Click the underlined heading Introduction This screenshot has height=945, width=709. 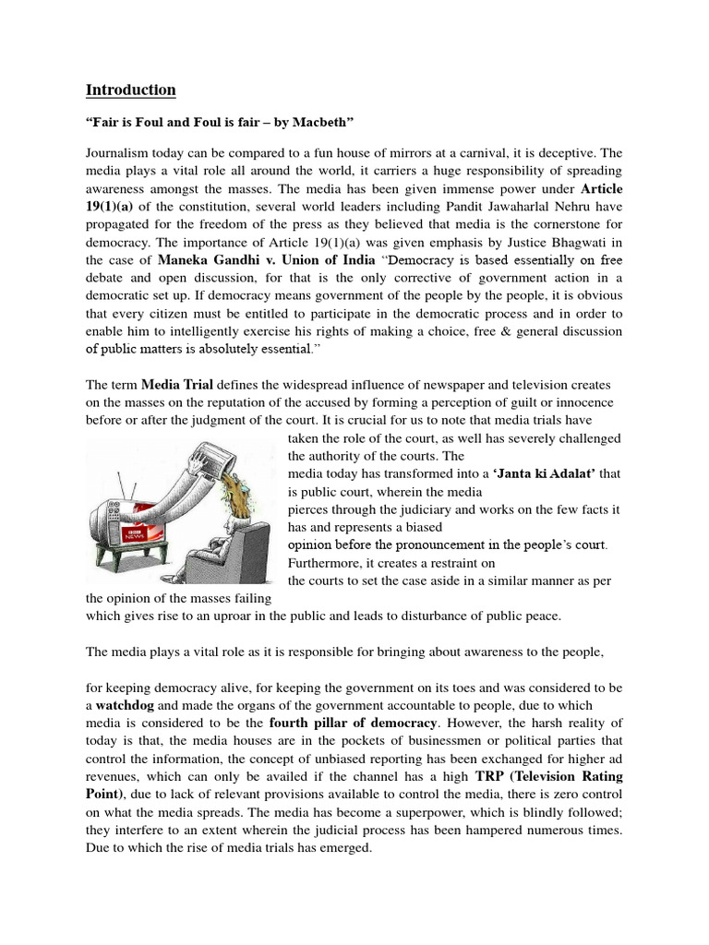tap(130, 90)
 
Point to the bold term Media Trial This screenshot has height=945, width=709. tap(175, 384)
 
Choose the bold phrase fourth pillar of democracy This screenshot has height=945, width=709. tap(396, 723)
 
